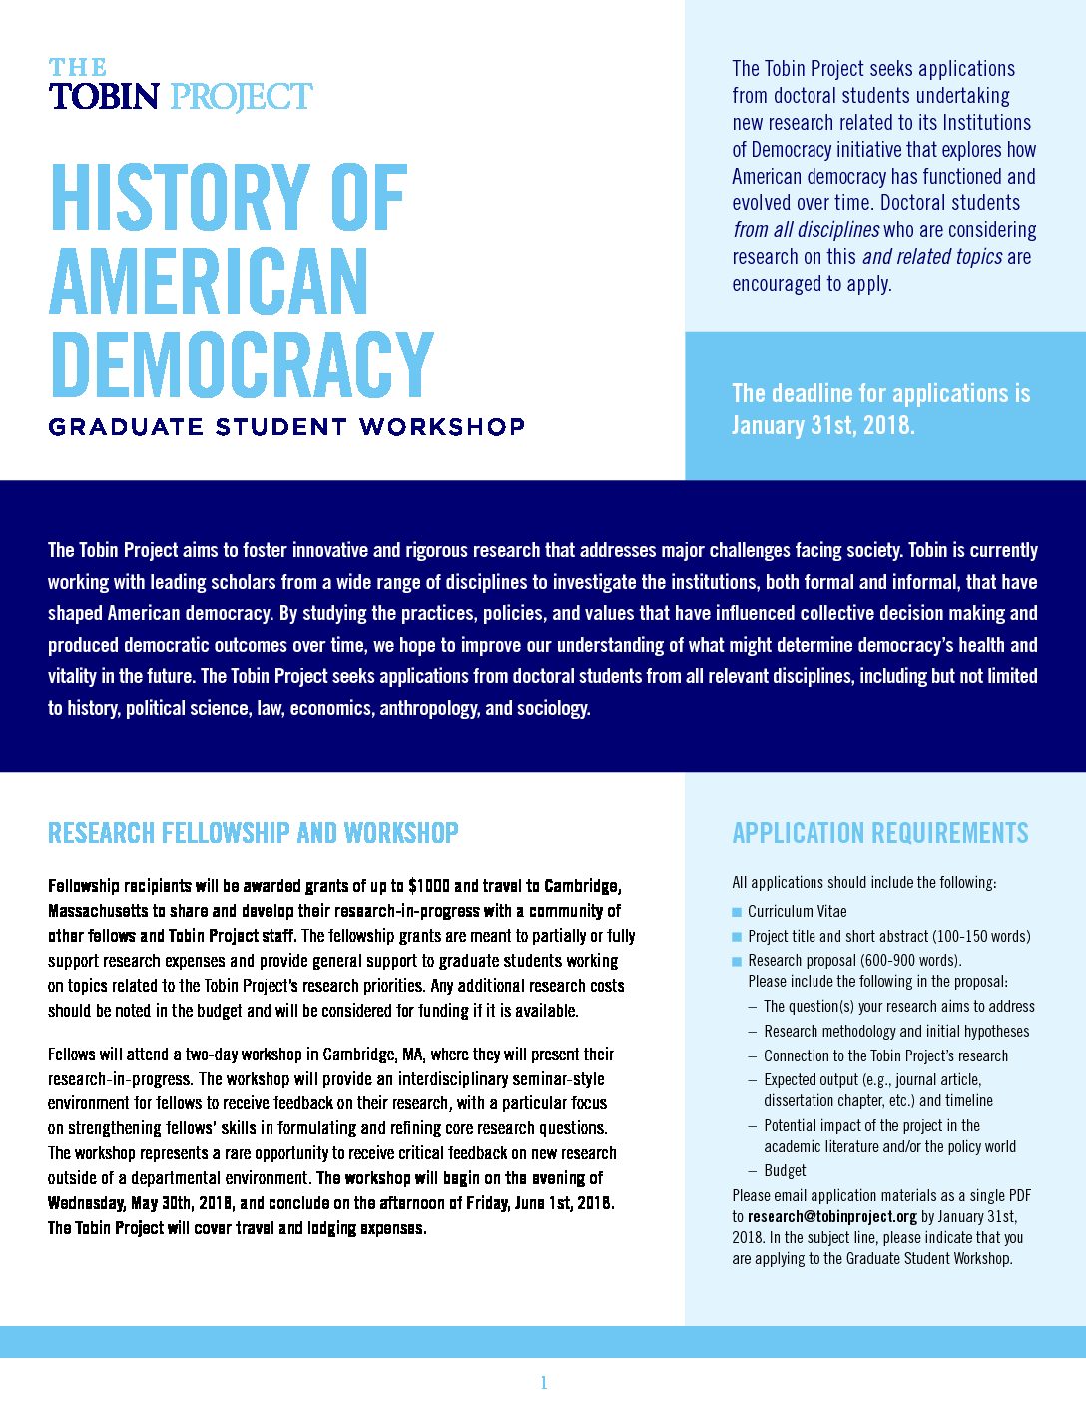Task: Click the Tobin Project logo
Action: point(181,85)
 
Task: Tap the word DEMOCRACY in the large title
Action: point(241,364)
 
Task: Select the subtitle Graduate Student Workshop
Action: point(286,427)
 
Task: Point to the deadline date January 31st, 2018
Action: point(822,425)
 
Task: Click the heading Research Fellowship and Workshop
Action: point(254,833)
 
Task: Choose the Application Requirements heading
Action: point(879,833)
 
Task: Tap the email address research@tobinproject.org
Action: point(831,1216)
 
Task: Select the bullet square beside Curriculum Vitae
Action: point(737,912)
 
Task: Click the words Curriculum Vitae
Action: point(797,911)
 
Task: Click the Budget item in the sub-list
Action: point(785,1170)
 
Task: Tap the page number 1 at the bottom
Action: point(544,1383)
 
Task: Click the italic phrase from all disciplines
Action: point(806,230)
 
